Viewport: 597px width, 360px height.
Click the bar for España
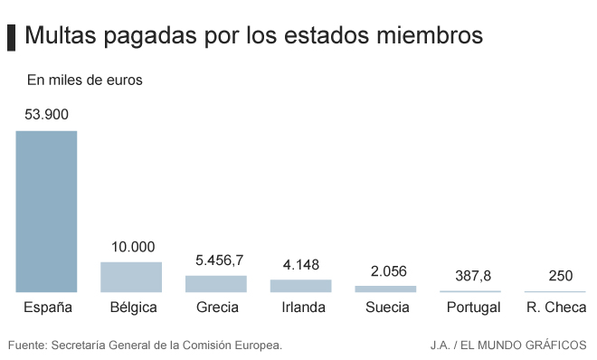46,212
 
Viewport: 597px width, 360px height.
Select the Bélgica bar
131,277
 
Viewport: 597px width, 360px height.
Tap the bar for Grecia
216,284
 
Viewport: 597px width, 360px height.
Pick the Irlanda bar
301,286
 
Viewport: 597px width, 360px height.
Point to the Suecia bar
386,289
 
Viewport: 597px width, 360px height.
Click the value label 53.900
46,115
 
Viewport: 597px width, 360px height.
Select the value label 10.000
133,246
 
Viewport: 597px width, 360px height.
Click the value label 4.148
301,265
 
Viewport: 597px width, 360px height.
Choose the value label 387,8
469,276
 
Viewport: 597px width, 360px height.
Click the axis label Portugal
473,308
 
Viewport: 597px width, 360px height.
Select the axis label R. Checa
555,308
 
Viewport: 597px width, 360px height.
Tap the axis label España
47,308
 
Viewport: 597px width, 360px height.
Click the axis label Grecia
217,308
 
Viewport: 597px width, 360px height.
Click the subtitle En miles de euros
84,81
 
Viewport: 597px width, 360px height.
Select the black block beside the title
12,36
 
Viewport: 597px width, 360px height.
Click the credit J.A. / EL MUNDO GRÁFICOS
507,345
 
